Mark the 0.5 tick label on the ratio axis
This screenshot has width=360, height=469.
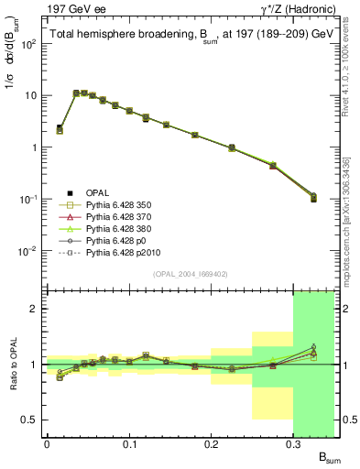point(33,420)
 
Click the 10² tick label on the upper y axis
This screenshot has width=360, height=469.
point(30,44)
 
